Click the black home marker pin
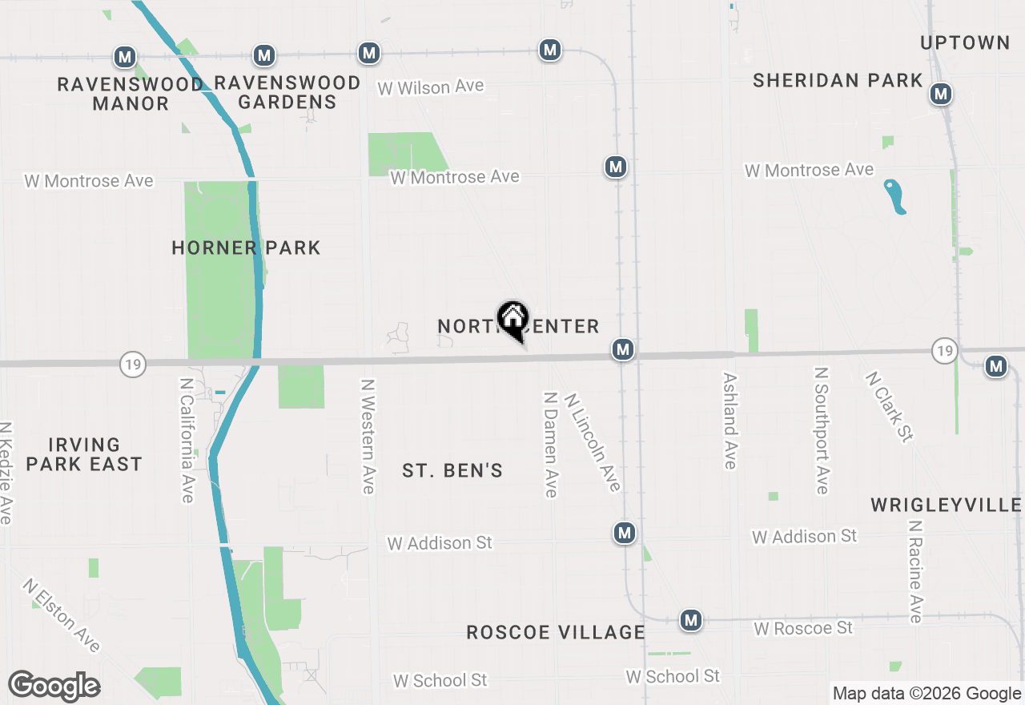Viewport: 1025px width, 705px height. point(512,320)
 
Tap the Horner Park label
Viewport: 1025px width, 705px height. point(246,248)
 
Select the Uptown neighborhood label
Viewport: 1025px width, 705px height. point(965,42)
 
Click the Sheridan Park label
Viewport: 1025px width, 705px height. point(838,80)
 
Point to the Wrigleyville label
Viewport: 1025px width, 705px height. point(946,505)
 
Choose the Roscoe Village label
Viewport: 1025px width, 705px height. point(556,632)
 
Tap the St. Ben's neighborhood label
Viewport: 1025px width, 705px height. point(452,470)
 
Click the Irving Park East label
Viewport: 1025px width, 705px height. point(83,454)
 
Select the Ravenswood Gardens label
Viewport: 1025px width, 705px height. point(287,92)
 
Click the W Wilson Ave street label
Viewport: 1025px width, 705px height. point(431,87)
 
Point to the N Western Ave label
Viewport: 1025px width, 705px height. point(368,437)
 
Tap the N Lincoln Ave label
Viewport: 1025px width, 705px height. point(593,441)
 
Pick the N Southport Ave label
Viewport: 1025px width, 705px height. point(821,431)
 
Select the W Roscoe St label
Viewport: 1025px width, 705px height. point(803,628)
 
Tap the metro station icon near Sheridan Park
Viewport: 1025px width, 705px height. point(940,94)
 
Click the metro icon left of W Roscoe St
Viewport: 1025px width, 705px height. point(690,620)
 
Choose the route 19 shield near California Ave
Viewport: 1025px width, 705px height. point(133,365)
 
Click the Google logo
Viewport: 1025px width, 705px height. point(54,686)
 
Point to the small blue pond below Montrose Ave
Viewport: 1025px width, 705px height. point(894,196)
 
